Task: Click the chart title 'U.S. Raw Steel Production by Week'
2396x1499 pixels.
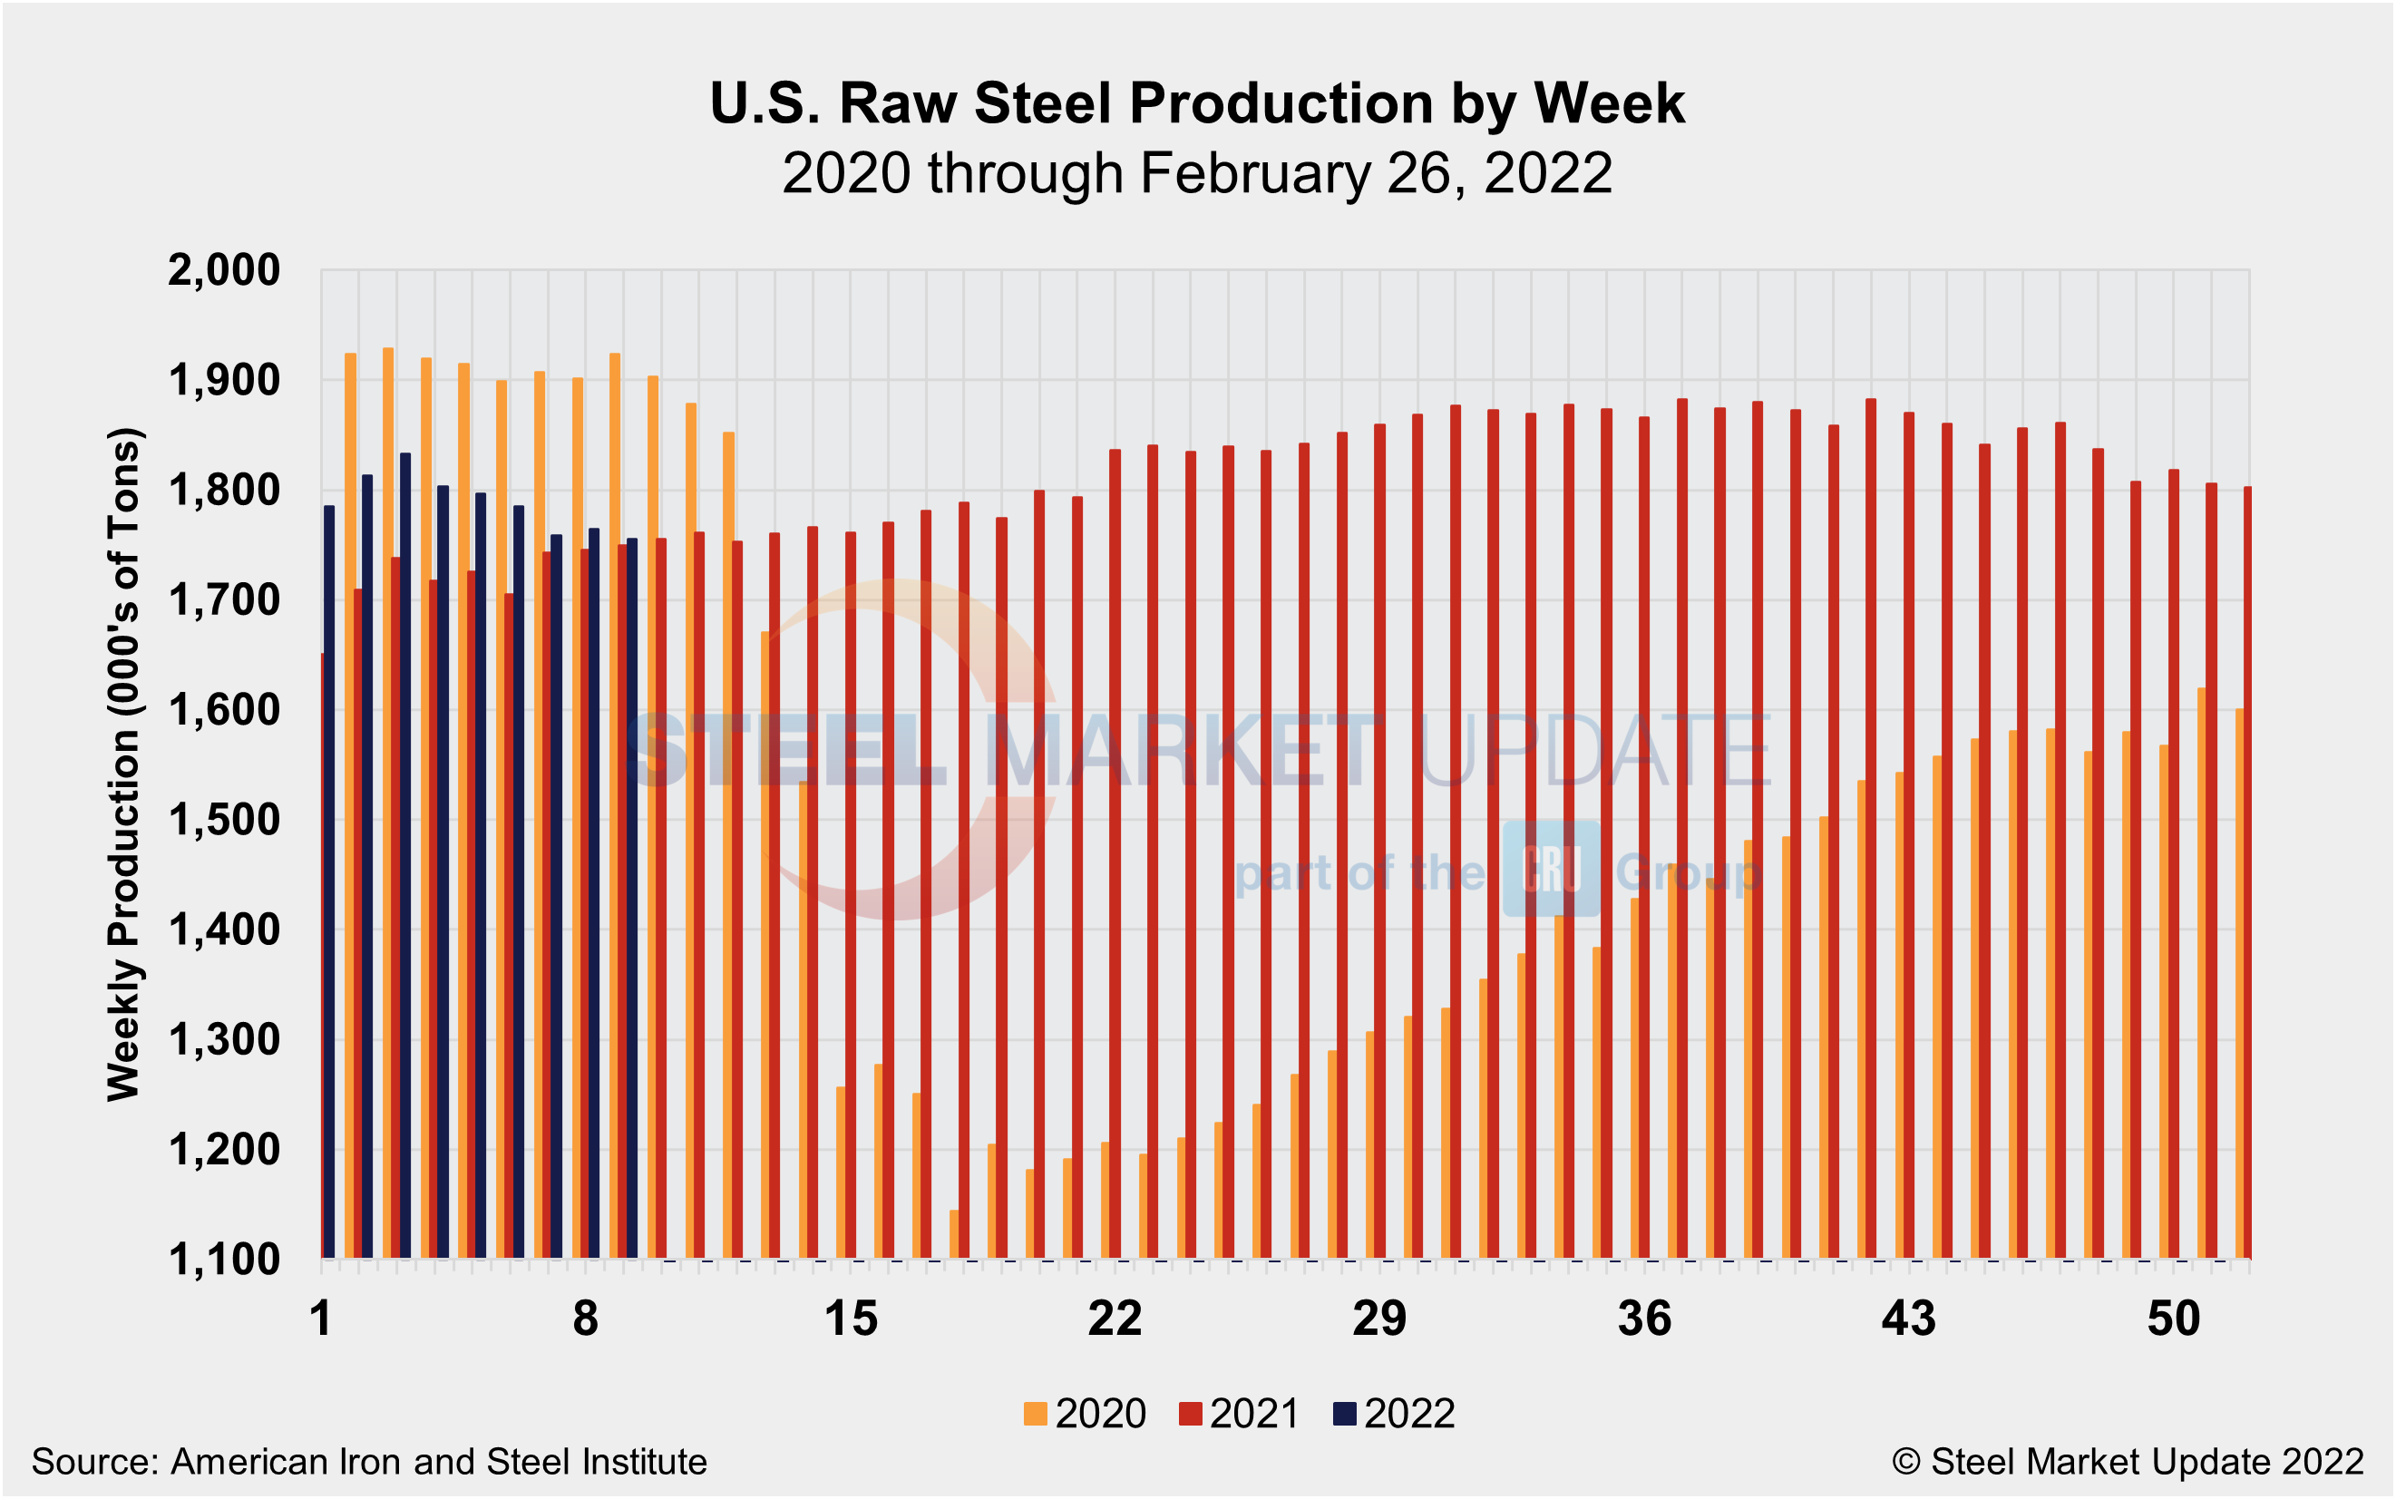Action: coord(1196,103)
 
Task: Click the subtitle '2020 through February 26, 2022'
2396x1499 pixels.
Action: coord(1196,174)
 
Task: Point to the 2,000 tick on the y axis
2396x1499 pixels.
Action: coord(224,269)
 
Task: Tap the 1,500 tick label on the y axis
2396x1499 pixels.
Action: coord(224,821)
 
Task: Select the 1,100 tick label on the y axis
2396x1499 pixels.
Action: coord(224,1261)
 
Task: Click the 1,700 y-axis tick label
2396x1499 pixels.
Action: coord(224,601)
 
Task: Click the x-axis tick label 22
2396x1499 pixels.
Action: coord(1115,1319)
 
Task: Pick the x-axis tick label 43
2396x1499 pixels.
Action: coord(1908,1319)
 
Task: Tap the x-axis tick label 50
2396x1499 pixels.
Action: coord(2173,1319)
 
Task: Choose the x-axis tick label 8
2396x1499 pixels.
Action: coord(586,1319)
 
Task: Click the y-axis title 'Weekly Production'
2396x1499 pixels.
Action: coord(124,764)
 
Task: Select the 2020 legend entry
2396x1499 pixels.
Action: coord(1085,1414)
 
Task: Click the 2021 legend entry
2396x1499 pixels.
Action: coord(1239,1414)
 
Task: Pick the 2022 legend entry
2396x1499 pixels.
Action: coord(1394,1414)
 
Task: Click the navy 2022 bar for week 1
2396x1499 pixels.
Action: coord(329,882)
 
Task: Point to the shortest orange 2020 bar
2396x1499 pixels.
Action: coord(955,1234)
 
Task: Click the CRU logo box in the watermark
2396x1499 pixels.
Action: coord(1551,869)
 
